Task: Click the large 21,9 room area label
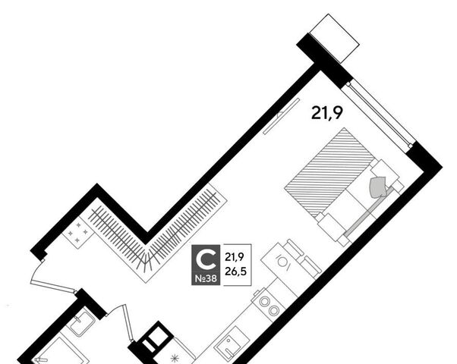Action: (326, 113)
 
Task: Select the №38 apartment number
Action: (206, 278)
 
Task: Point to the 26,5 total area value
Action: (235, 271)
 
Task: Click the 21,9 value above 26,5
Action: (235, 257)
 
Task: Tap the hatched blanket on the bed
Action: (329, 172)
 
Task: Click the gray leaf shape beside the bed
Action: (379, 187)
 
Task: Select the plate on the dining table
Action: (282, 262)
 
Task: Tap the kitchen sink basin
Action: (232, 345)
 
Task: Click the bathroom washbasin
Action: (82, 322)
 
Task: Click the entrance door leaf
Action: (52, 286)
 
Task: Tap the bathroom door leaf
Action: (128, 322)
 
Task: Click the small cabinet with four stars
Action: (77, 232)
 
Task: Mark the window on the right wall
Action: (379, 115)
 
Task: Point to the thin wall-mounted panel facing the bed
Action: (281, 116)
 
